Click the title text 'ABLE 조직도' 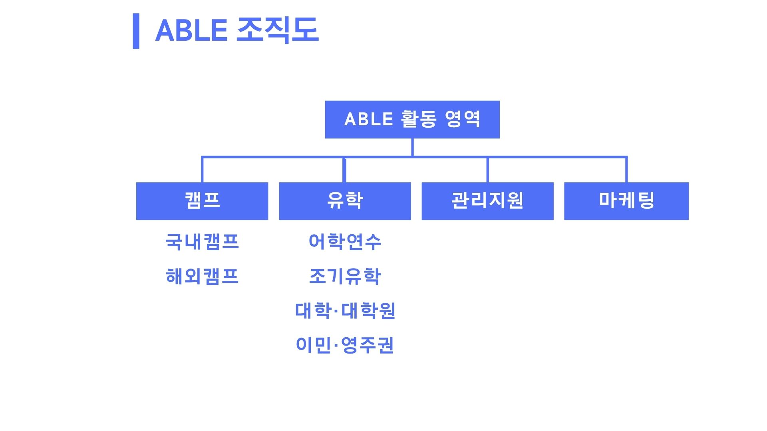tap(237, 30)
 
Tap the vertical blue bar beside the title tap(136, 31)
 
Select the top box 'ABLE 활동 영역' tap(412, 119)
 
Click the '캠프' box tap(202, 201)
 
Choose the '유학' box tap(345, 201)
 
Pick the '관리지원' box tap(487, 201)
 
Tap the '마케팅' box tap(626, 201)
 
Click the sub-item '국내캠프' tap(202, 242)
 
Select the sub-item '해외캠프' tap(202, 276)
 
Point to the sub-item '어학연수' tap(345, 242)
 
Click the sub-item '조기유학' tap(345, 276)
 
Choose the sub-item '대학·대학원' tap(345, 311)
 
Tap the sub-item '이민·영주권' tap(345, 345)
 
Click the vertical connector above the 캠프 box tap(202, 170)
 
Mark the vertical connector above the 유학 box tap(344, 170)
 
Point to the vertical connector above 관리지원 tap(487, 170)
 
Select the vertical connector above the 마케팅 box tap(626, 170)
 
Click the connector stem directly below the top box tap(412, 147)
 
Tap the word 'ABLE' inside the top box tap(369, 119)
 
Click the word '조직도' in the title tap(278, 30)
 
